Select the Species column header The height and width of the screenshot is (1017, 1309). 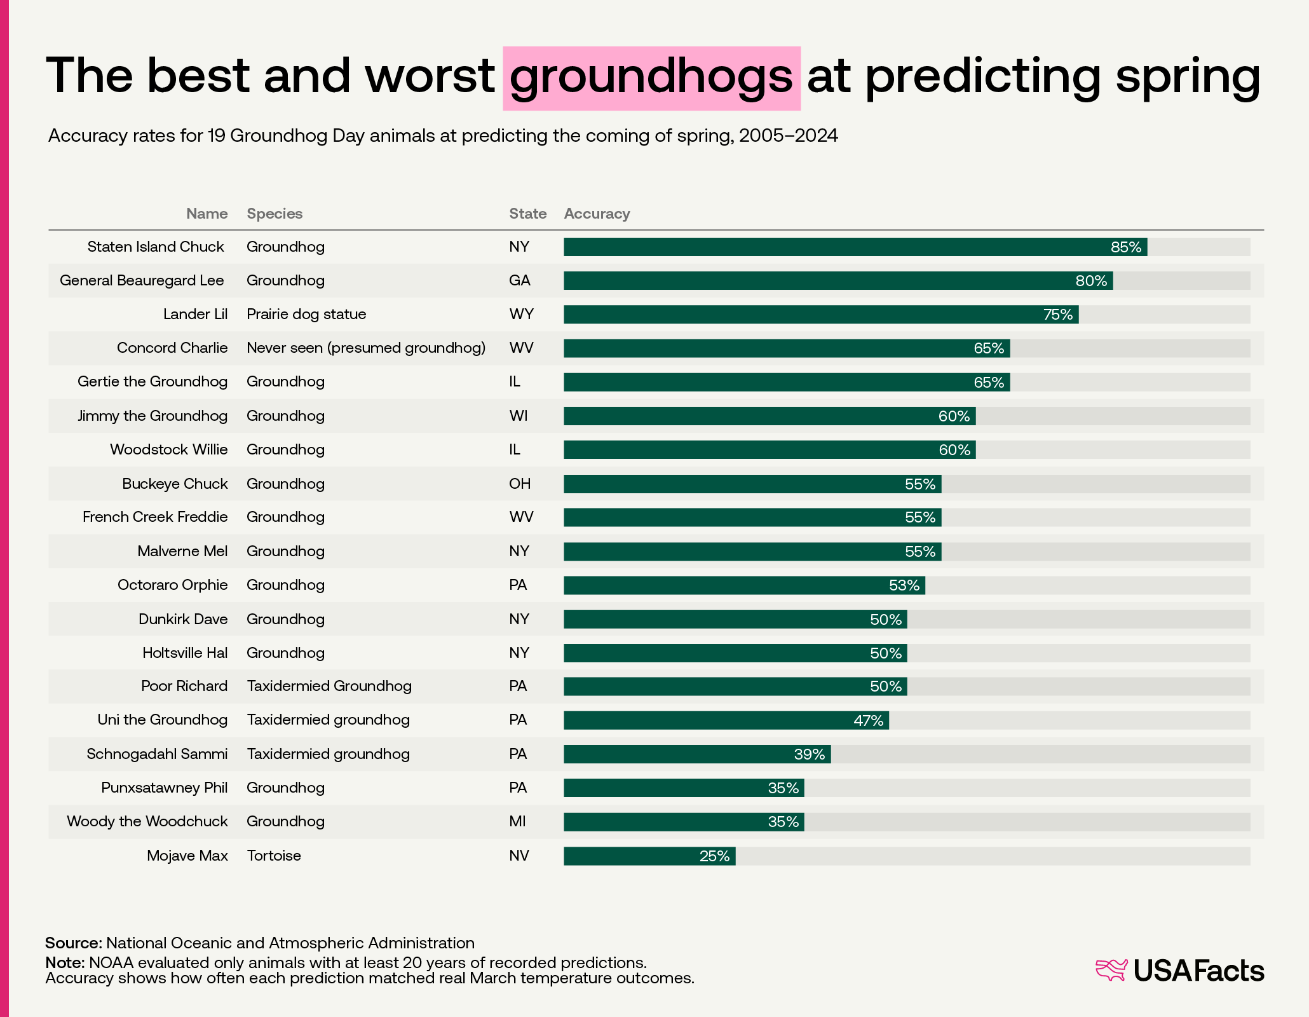(275, 214)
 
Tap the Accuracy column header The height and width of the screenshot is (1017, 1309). (597, 214)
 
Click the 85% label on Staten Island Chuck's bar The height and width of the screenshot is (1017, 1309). (1125, 247)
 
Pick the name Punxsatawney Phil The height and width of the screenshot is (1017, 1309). (164, 788)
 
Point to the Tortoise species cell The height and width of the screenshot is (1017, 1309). (274, 856)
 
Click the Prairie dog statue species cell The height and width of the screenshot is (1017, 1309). (306, 314)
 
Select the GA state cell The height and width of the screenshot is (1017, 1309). (519, 280)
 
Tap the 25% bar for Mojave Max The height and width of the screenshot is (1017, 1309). (649, 856)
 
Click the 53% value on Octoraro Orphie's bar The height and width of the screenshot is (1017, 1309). (904, 585)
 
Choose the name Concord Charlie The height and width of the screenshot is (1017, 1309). (172, 348)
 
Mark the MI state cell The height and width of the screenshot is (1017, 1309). (517, 821)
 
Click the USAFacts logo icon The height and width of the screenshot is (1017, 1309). (1111, 970)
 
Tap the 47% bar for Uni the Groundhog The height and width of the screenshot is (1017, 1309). (726, 721)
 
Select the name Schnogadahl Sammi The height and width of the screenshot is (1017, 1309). (157, 754)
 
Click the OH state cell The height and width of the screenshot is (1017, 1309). (519, 484)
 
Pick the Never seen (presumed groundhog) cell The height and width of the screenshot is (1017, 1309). (366, 348)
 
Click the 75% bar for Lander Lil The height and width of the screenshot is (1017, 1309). (820, 315)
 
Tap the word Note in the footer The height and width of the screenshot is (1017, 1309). (65, 962)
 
